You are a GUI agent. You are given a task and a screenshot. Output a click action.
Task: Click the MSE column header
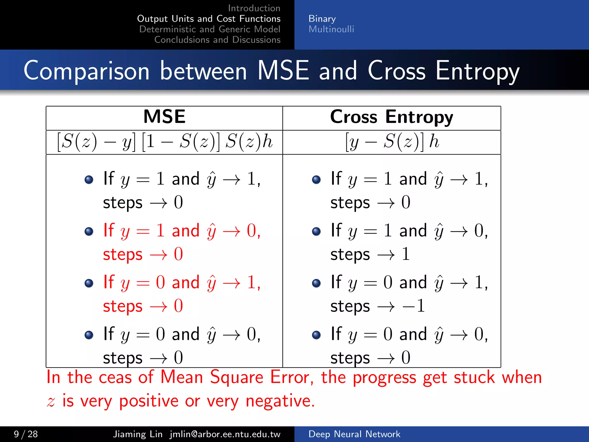click(164, 117)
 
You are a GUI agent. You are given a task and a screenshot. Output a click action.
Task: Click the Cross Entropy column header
click(391, 117)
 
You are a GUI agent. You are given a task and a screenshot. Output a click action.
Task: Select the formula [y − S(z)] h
click(392, 142)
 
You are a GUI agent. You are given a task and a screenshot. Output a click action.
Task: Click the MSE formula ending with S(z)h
click(164, 142)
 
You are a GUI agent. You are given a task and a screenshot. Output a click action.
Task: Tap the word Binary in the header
click(322, 19)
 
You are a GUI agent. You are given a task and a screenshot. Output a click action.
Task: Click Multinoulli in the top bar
click(331, 29)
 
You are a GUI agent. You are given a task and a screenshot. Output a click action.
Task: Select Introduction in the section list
click(254, 8)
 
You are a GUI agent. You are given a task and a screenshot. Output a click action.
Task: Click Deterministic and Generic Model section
click(210, 29)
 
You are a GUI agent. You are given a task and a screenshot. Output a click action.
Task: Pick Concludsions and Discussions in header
click(217, 40)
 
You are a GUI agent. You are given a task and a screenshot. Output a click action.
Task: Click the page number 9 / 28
click(26, 434)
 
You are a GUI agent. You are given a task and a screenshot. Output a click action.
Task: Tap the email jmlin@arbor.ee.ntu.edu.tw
click(225, 434)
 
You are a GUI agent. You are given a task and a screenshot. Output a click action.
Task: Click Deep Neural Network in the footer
click(354, 434)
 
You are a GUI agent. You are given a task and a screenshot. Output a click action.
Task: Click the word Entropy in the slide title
click(477, 71)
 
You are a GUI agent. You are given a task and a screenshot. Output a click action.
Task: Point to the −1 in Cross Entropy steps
click(414, 306)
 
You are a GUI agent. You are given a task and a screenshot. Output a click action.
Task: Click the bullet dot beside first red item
click(89, 231)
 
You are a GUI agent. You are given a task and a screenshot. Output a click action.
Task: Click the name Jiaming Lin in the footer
click(137, 434)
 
